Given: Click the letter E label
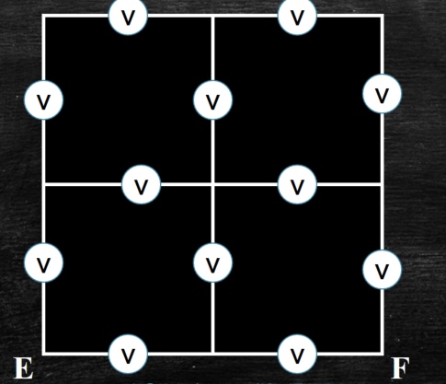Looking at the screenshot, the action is pos(24,368).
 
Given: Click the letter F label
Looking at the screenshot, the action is pos(401,368).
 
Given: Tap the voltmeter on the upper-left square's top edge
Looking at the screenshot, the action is pos(128,17).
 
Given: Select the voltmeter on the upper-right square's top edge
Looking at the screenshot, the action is pos(297,17).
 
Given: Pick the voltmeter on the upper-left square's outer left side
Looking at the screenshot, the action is pos(44,100).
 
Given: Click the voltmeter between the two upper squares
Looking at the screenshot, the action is pos(212,100).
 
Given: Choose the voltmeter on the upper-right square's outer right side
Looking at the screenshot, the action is pos(382,94).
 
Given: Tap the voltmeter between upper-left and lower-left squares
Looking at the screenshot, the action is pos(141,184).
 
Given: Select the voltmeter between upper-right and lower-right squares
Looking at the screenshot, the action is pos(297,184).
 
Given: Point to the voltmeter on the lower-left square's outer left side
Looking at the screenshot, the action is pos(44,262).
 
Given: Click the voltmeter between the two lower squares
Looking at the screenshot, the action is pos(212,262).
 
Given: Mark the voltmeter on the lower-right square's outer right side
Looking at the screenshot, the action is pos(382,269).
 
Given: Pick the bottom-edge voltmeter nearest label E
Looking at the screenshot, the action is pos(128,354).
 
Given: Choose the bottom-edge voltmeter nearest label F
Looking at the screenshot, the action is pos(297,354).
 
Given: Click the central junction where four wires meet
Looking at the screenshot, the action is pos(212,184).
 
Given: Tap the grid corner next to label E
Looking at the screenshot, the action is pos(44,354).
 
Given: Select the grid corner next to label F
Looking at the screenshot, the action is pos(382,354).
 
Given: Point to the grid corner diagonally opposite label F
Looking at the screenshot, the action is pos(44,16).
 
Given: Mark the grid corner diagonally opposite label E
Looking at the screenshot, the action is pos(382,16).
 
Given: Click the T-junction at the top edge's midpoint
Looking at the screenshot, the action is pos(212,16).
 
